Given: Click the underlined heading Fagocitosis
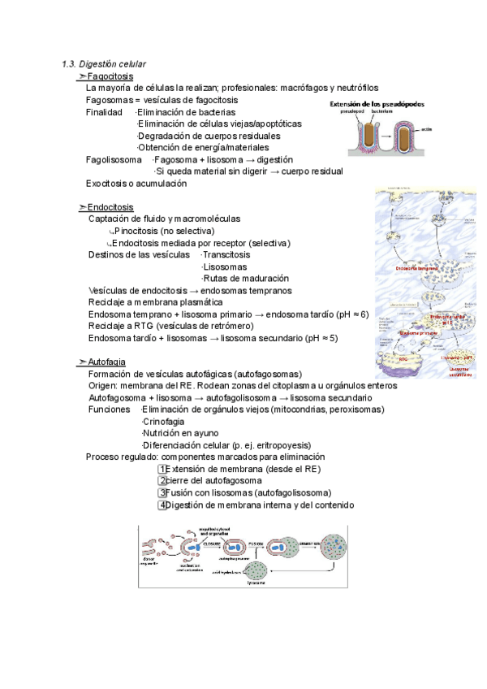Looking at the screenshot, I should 110,76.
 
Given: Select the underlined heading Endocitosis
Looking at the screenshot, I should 110,207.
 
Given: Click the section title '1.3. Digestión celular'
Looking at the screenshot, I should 104,63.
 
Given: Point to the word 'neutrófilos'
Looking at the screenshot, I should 354,88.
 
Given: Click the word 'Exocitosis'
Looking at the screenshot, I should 107,184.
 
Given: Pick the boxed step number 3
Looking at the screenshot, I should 162,493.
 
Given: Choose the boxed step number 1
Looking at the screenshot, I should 162,469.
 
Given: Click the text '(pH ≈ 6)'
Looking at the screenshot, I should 351,314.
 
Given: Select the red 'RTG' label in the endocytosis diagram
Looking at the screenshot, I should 402,357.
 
